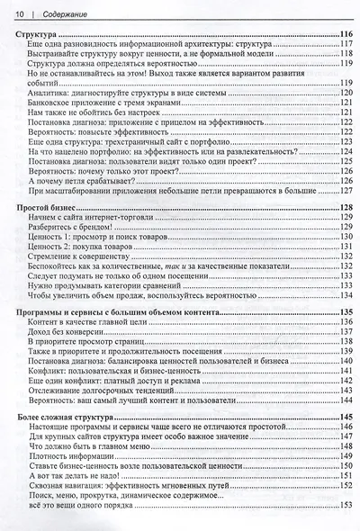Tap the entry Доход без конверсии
70,332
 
